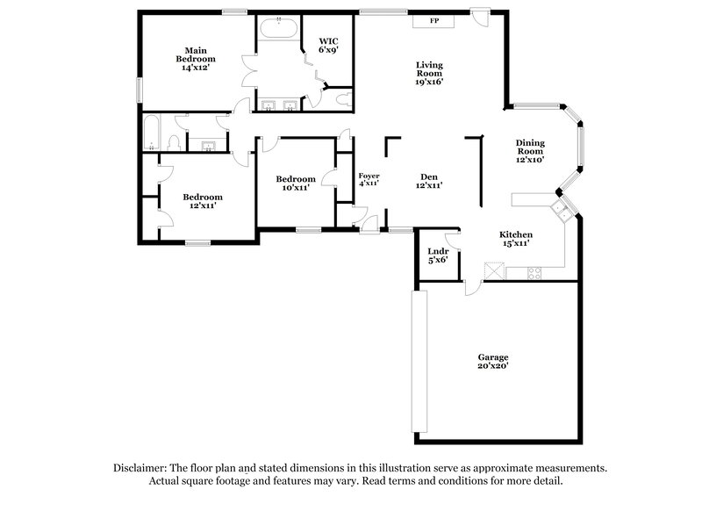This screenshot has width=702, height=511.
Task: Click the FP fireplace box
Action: pos(433,20)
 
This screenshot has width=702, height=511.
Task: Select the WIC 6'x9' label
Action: pos(328,45)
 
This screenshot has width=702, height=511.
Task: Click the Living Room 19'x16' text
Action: pos(428,73)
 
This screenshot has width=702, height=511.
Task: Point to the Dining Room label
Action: pos(530,151)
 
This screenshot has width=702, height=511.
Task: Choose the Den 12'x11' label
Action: pos(428,180)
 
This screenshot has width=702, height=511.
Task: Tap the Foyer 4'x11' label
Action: pos(369,180)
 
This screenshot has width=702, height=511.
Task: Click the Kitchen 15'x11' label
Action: pos(517,239)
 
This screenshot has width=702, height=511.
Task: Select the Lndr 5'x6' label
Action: pos(437,255)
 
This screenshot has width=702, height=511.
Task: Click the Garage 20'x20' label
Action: pos(493,361)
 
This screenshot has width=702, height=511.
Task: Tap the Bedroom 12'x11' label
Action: pos(203,201)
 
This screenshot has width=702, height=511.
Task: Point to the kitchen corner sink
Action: pos(561,209)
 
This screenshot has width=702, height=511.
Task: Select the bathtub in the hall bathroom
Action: pos(149,133)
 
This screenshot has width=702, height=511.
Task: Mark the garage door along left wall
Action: pos(419,360)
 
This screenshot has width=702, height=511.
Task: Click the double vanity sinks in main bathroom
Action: pos(280,107)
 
